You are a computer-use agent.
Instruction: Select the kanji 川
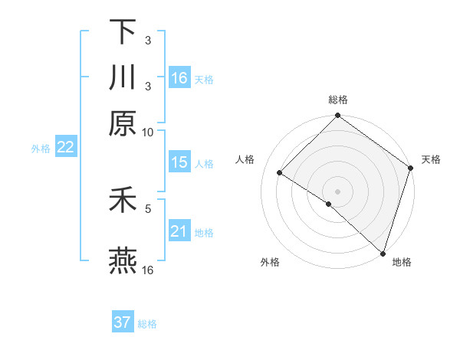[123, 77]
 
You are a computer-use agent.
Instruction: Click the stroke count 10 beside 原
[148, 132]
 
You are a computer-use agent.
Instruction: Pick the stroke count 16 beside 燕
[148, 270]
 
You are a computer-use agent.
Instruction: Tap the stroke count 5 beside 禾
[148, 208]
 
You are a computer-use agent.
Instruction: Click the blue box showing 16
[179, 77]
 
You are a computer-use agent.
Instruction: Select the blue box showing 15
[179, 162]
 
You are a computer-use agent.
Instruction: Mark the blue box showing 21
[179, 231]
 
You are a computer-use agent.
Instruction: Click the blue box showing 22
[65, 148]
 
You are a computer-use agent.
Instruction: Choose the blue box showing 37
[123, 322]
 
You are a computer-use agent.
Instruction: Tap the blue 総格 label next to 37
[147, 324]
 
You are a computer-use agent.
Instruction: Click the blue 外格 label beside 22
[40, 149]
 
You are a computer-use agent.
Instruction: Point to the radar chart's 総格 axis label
[338, 100]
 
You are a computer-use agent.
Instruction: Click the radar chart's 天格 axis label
[431, 159]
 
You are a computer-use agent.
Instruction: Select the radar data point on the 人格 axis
[280, 173]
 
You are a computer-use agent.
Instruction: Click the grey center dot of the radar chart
[338, 191]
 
